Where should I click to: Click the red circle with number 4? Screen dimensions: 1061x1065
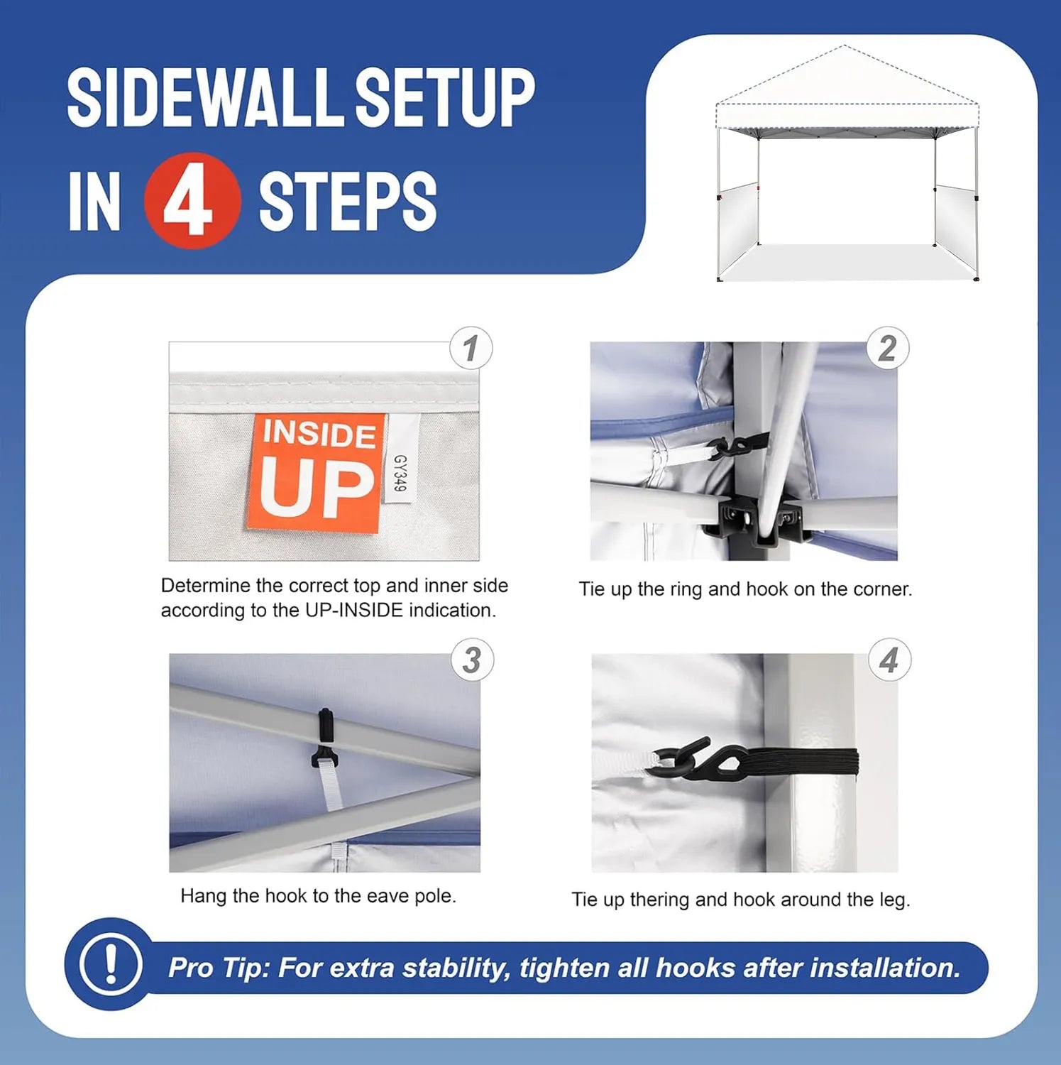[192, 201]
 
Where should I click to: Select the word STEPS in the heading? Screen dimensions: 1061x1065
[348, 201]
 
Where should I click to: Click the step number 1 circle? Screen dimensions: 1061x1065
[471, 348]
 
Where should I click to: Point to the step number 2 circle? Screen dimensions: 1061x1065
[887, 348]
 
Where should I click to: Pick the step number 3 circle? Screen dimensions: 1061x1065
[472, 660]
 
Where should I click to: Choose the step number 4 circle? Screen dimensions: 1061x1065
[889, 660]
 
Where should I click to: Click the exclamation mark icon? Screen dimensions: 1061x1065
[110, 963]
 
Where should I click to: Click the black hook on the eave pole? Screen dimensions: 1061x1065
[324, 738]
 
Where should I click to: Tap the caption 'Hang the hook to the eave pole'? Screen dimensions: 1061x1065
[318, 896]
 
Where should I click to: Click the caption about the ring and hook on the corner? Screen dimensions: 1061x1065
[745, 589]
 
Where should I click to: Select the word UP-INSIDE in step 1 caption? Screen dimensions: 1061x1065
[354, 610]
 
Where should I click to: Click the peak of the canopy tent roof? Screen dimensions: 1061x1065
[844, 45]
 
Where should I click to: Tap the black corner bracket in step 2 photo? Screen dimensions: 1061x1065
[759, 523]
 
